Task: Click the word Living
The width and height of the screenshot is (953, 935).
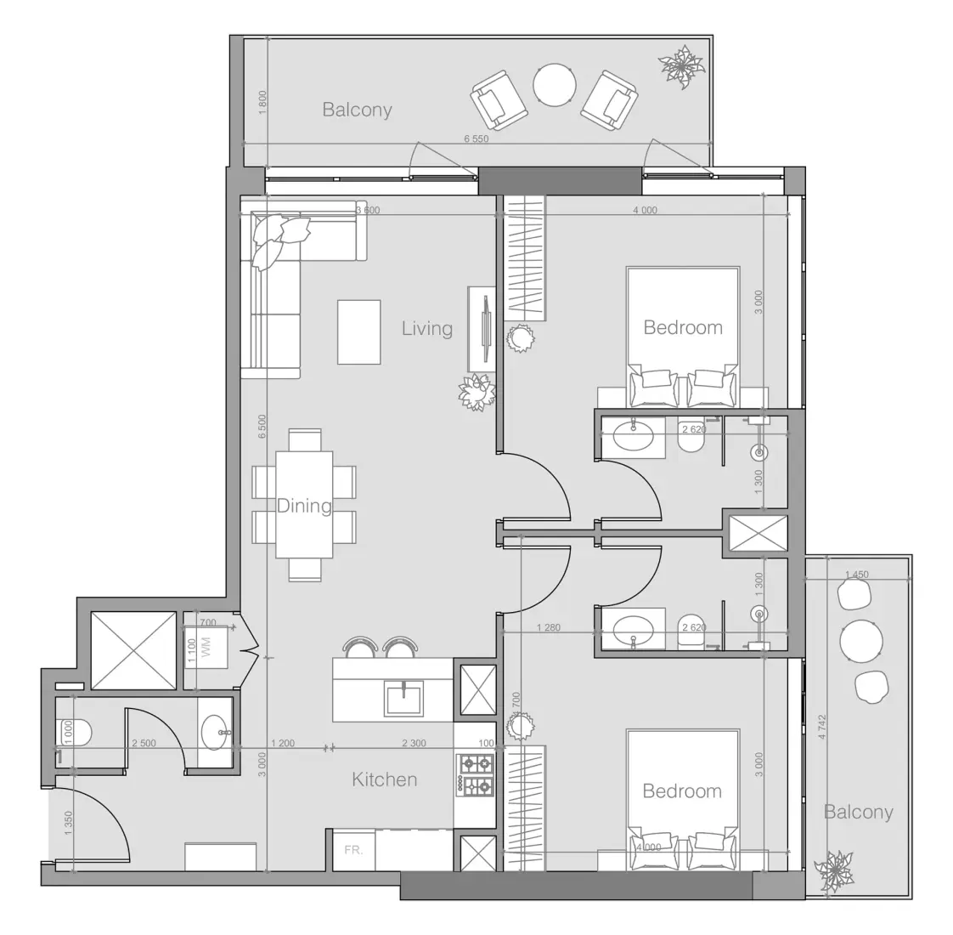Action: (426, 329)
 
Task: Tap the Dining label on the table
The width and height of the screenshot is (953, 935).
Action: (304, 506)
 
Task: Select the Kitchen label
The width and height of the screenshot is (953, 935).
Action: (384, 779)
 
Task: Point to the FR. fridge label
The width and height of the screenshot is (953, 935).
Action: (353, 849)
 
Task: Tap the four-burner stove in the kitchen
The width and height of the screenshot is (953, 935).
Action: (476, 774)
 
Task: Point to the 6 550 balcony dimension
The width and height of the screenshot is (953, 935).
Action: (476, 139)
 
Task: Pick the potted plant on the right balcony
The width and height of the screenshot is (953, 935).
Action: (833, 871)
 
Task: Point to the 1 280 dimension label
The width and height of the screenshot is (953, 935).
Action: (548, 628)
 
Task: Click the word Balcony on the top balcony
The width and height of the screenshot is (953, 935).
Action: (357, 110)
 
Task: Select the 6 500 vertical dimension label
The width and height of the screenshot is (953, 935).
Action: (262, 428)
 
